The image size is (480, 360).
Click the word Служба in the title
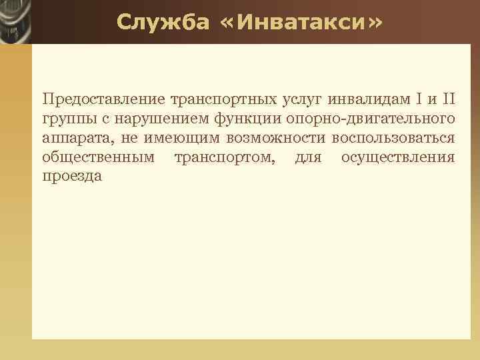pyautogui.click(x=157, y=23)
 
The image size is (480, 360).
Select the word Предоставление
pyautogui.click(x=103, y=100)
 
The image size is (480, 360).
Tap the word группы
pyautogui.click(x=66, y=119)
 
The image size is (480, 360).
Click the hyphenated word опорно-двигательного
pyautogui.click(x=370, y=119)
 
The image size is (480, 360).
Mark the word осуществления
pyautogui.click(x=397, y=158)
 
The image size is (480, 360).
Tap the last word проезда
pyautogui.click(x=71, y=177)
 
